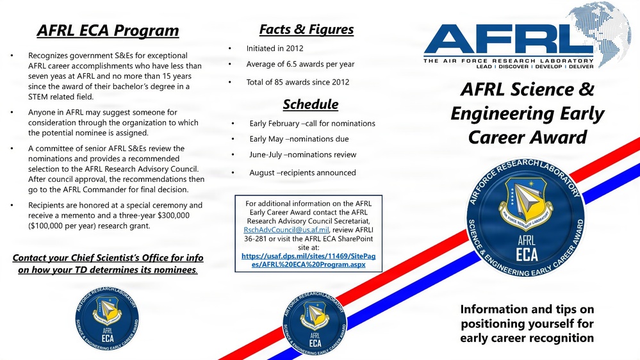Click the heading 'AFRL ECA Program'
coord(108,30)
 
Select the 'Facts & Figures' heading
coord(306,29)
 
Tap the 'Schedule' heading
coord(310,104)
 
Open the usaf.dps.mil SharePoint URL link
coord(309,259)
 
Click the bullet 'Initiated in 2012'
coord(275,48)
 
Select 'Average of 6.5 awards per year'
coord(300,64)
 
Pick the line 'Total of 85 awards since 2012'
coord(298,82)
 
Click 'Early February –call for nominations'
coord(312,123)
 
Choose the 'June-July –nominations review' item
coord(302,154)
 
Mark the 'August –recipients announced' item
coord(302,172)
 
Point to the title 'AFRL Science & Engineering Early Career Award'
coord(527,113)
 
